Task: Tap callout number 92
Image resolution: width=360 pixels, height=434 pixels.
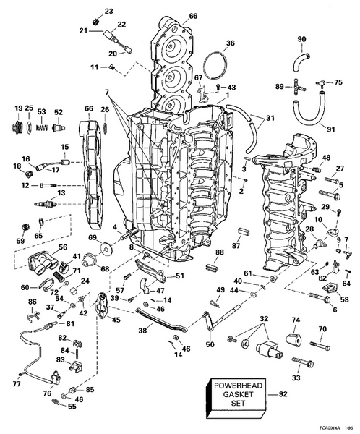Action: point(282,395)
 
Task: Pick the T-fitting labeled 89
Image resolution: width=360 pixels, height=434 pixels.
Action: point(297,86)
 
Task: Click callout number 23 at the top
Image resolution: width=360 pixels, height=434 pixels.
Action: point(108,12)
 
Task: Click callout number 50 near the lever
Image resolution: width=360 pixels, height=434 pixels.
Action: point(210,344)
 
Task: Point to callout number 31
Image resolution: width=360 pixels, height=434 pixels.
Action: point(270,118)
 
